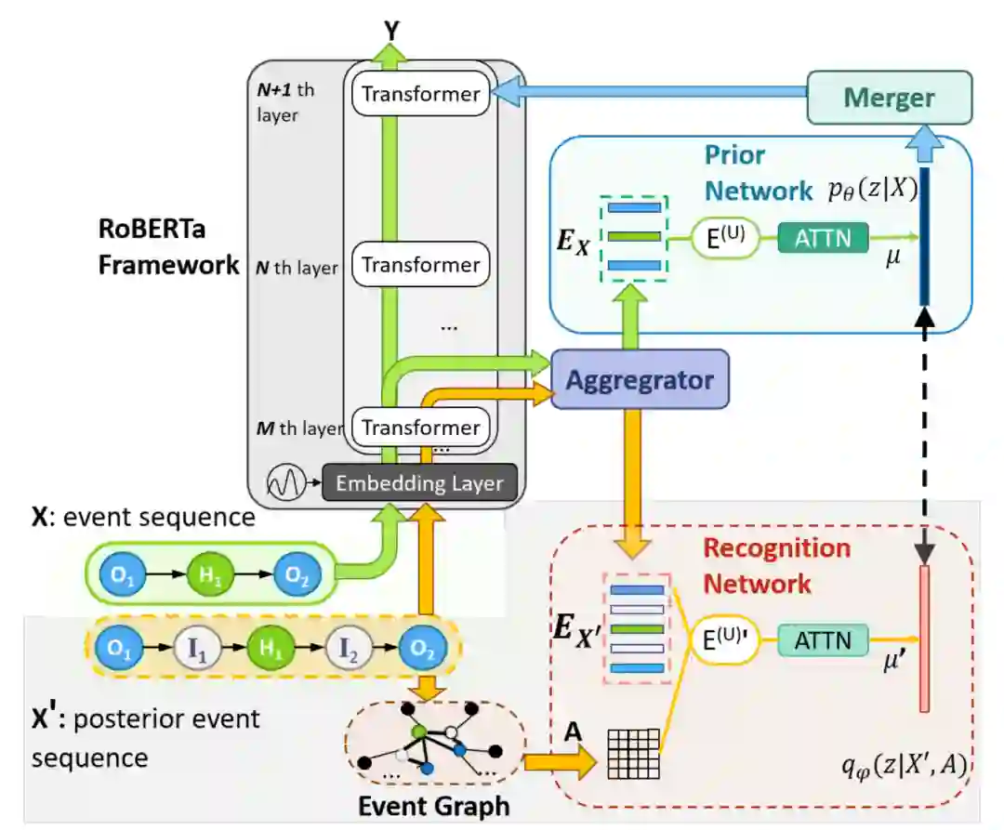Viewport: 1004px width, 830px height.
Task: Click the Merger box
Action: tap(890, 98)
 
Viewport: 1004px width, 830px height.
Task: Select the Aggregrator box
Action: tap(640, 379)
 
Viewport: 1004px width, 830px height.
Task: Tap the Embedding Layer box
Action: tap(419, 482)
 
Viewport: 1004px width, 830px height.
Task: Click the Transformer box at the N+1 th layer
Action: tap(421, 94)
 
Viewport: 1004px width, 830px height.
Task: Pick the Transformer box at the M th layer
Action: tap(421, 428)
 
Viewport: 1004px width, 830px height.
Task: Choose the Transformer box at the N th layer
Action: tap(421, 264)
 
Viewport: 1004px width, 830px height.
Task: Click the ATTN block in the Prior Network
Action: tap(823, 238)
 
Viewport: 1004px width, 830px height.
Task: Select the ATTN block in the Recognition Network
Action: tap(823, 640)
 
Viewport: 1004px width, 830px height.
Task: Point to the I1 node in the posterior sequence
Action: tap(197, 648)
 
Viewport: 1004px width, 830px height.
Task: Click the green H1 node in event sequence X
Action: tap(209, 574)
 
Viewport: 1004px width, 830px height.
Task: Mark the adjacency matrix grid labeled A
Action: tap(633, 753)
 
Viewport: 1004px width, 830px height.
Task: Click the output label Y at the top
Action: tap(391, 30)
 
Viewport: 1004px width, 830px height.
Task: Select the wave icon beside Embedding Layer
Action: tap(285, 481)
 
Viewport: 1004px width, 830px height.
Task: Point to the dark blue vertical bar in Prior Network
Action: tap(924, 236)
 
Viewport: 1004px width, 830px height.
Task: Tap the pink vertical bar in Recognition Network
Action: tap(924, 639)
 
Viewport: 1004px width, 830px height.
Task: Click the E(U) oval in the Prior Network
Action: tap(726, 238)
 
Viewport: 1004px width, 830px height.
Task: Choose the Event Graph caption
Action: tap(433, 807)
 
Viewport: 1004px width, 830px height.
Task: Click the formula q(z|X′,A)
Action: tap(904, 765)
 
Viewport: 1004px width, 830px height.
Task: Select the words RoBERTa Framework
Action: tap(168, 246)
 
